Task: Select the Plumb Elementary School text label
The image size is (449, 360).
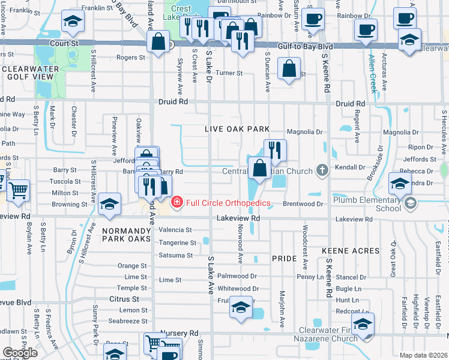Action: click(367, 203)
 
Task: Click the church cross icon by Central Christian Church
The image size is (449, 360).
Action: click(322, 170)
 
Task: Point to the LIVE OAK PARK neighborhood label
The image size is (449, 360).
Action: click(237, 129)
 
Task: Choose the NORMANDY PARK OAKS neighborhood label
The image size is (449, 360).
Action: click(125, 230)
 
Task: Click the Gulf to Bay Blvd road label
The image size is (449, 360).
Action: click(305, 46)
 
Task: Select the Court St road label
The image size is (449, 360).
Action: click(64, 44)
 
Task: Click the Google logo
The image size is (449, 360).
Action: click(20, 352)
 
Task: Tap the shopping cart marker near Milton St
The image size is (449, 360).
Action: click(18, 191)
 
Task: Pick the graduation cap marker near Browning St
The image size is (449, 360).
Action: click(109, 205)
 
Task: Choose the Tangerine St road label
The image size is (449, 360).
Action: click(177, 243)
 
